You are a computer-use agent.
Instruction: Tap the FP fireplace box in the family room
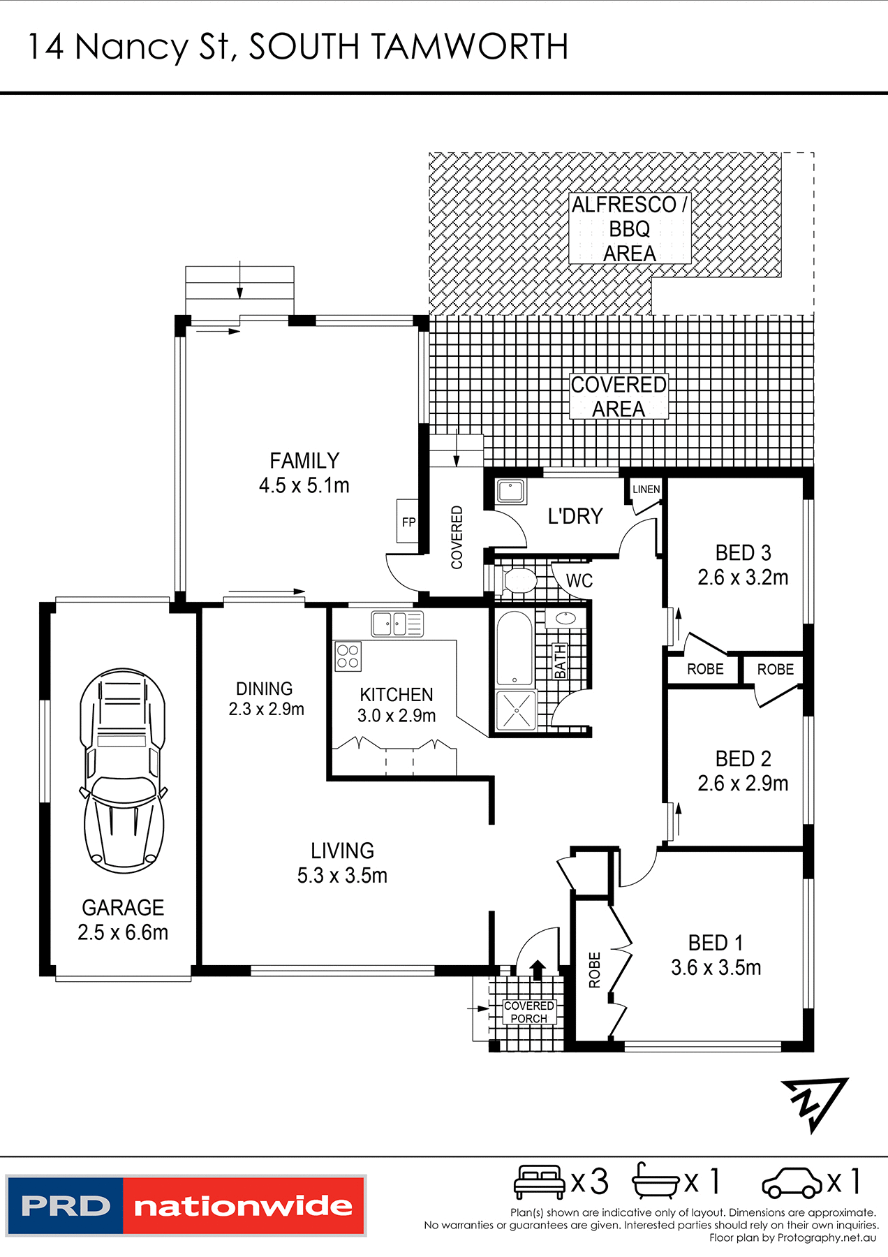point(408,522)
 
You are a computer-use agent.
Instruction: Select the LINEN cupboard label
point(646,490)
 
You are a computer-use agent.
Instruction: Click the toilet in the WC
point(519,580)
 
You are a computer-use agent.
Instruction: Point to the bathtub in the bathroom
point(515,649)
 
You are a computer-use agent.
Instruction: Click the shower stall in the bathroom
point(515,710)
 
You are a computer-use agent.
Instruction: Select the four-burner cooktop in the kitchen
point(348,656)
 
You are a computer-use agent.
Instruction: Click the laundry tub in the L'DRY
point(511,491)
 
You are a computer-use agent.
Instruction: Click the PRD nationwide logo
point(186,1206)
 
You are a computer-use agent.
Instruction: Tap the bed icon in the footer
point(539,1182)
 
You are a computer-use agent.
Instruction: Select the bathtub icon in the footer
point(655,1182)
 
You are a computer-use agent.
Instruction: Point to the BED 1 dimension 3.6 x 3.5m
point(716,968)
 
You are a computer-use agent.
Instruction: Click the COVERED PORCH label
point(529,1012)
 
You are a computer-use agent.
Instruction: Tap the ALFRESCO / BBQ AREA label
point(629,229)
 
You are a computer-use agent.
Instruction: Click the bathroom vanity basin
point(565,619)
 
